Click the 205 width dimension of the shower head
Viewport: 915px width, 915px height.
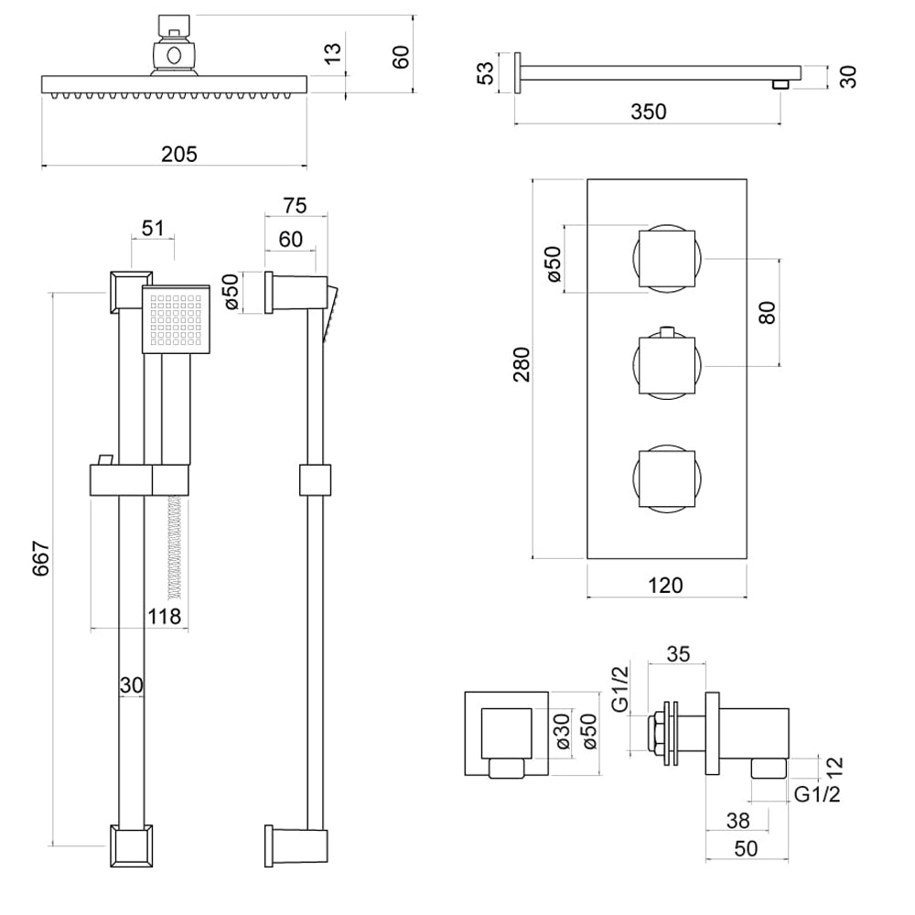coord(178,154)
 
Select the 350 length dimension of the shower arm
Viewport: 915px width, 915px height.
coord(648,111)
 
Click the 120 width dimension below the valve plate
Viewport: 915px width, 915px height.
coord(665,585)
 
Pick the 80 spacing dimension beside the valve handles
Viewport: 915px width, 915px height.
coord(767,312)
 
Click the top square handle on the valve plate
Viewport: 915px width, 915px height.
coord(666,258)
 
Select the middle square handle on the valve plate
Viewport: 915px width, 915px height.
coord(666,366)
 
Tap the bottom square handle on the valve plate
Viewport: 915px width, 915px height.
coord(666,476)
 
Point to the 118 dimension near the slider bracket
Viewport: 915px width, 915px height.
coord(167,616)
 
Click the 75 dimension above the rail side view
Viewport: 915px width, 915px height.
coord(295,204)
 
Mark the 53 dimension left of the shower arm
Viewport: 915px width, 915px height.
coord(486,72)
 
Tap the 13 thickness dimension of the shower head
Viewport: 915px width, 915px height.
coord(334,54)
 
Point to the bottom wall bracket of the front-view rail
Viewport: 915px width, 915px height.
coord(132,846)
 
